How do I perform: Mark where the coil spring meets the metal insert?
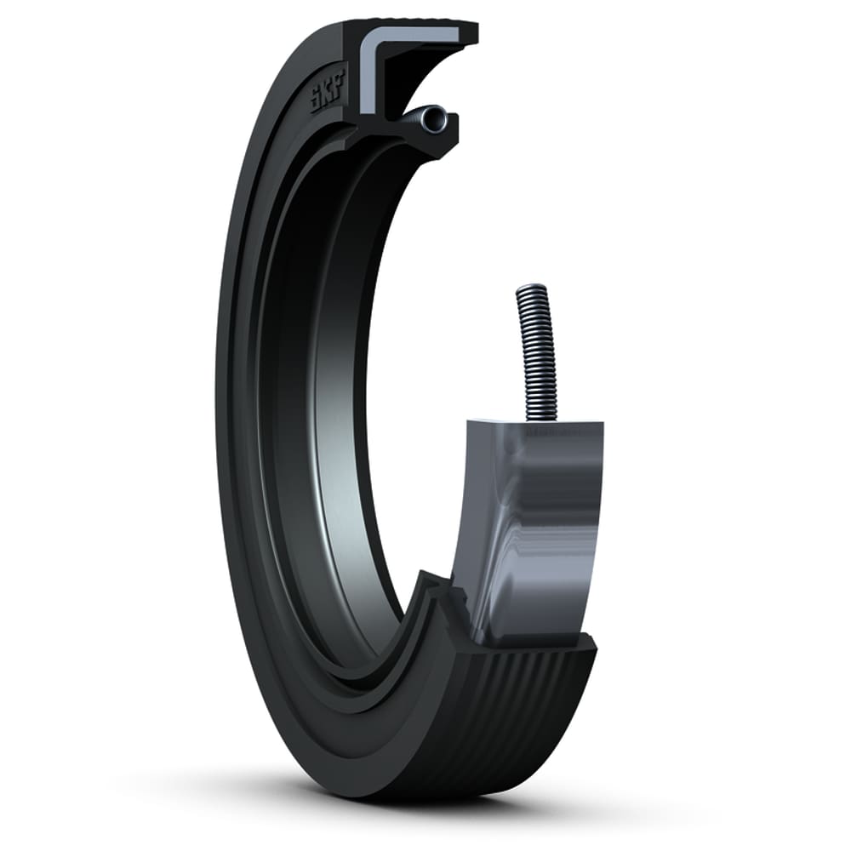click(x=542, y=419)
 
